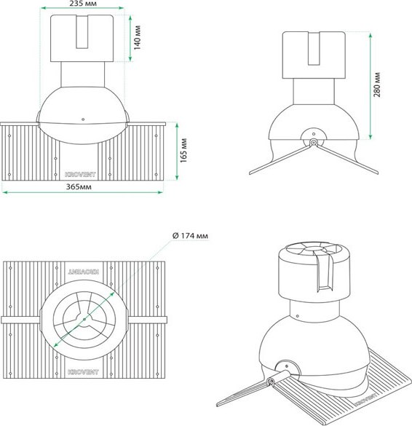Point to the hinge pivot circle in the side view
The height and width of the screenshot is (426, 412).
pos(312,143)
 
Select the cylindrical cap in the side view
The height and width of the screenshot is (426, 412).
pos(313,53)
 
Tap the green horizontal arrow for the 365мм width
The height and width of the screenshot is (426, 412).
pos(82,192)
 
